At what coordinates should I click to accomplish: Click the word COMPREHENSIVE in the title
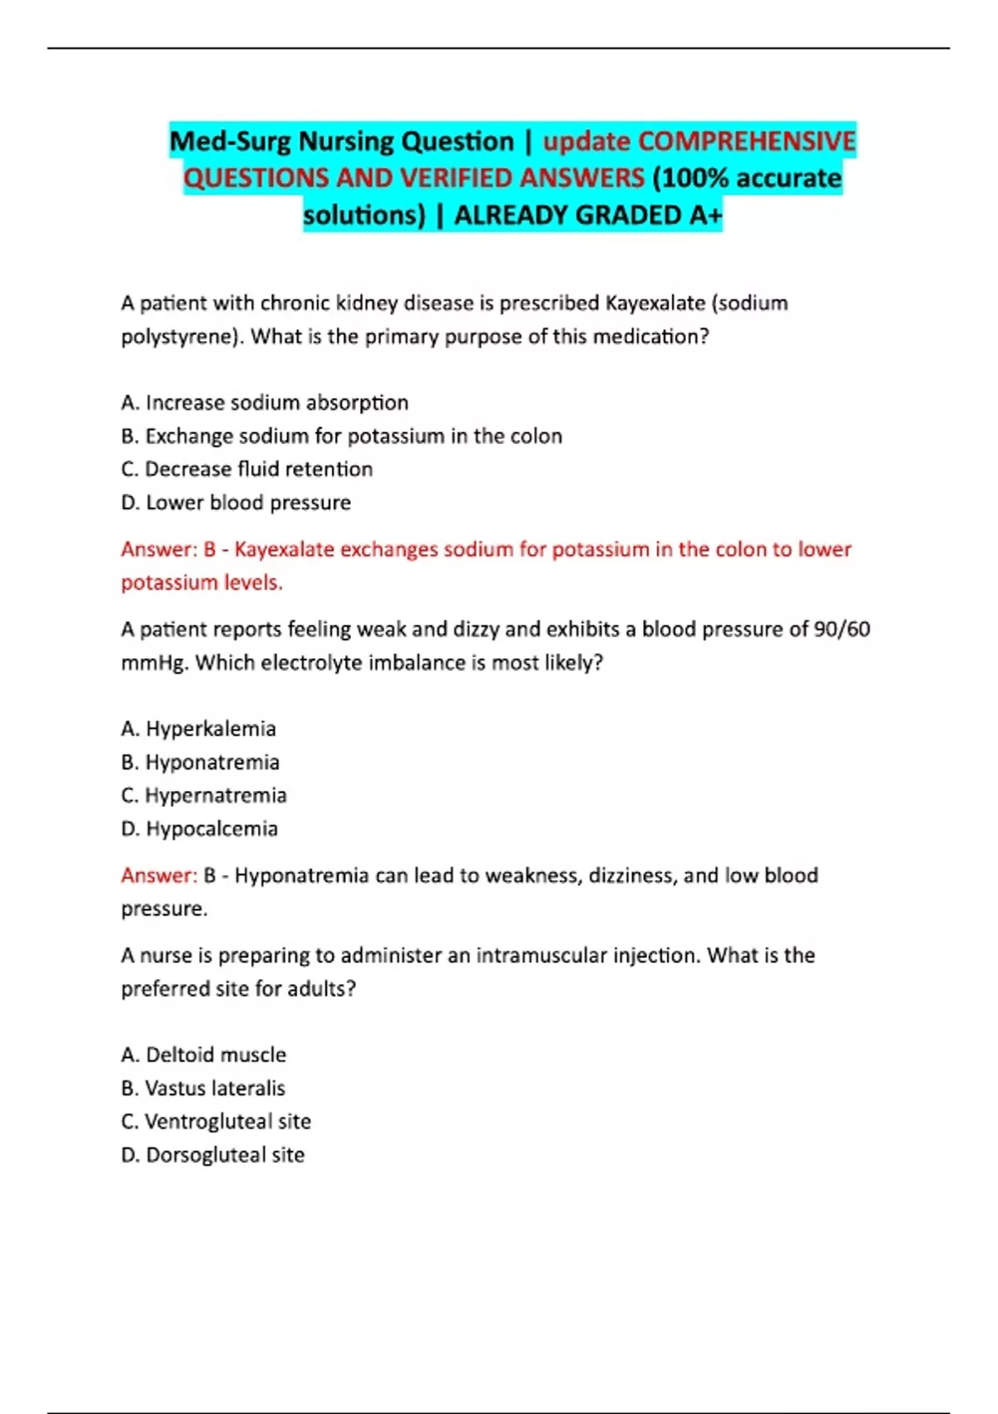746,141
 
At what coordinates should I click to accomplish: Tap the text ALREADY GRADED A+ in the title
588,215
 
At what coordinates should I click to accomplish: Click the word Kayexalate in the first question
655,303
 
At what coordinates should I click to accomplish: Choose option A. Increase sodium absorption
264,403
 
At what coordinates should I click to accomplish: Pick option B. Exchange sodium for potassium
341,436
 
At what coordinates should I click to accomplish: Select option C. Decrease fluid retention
247,469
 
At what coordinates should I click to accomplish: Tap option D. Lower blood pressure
236,502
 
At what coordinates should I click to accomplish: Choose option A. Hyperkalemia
198,729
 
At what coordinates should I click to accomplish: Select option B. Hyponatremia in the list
200,762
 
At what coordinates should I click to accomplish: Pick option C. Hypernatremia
204,795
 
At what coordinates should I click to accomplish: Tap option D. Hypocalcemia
200,828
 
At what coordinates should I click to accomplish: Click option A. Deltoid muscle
204,1055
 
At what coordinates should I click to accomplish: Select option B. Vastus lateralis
203,1088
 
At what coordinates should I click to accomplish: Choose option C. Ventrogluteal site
216,1121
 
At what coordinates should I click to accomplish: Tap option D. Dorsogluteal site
213,1154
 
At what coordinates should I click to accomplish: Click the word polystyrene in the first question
179,337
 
